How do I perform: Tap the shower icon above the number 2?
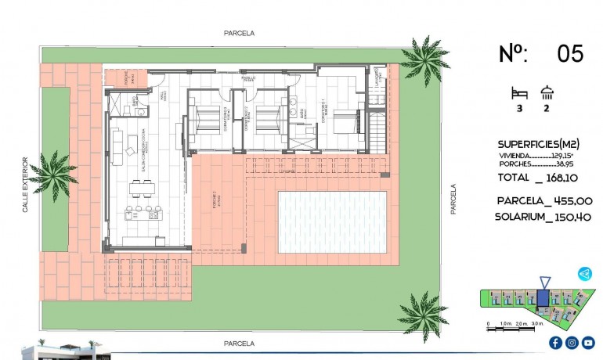pos(546,93)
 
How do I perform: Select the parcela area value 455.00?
pos(558,200)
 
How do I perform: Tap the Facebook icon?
pos(555,343)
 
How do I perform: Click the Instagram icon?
pos(572,343)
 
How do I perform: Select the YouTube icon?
pos(588,343)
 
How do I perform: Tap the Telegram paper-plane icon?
pos(584,274)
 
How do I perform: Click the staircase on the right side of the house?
pos(377,125)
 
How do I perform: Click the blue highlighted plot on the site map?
pos(543,297)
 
